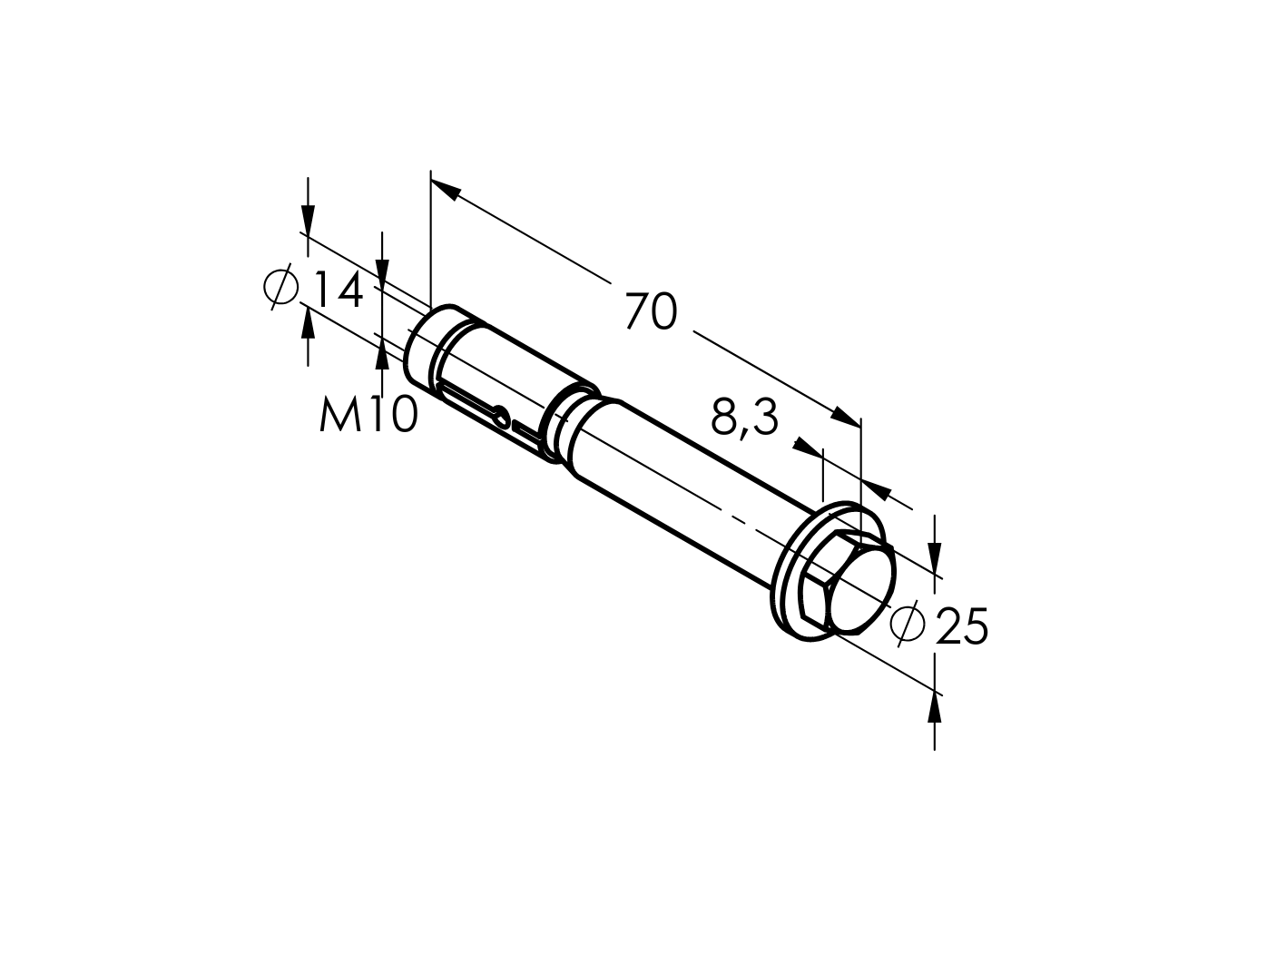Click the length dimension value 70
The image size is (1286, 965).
point(651,312)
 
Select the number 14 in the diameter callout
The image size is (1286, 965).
point(339,290)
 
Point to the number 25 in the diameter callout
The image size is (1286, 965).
point(960,626)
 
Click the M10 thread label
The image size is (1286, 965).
point(368,415)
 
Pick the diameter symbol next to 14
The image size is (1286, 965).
point(281,288)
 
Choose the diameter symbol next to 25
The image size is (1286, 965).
point(908,623)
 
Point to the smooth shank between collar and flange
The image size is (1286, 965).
point(690,490)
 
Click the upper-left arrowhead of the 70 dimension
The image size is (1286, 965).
point(444,188)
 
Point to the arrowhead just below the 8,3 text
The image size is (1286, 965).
point(804,448)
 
